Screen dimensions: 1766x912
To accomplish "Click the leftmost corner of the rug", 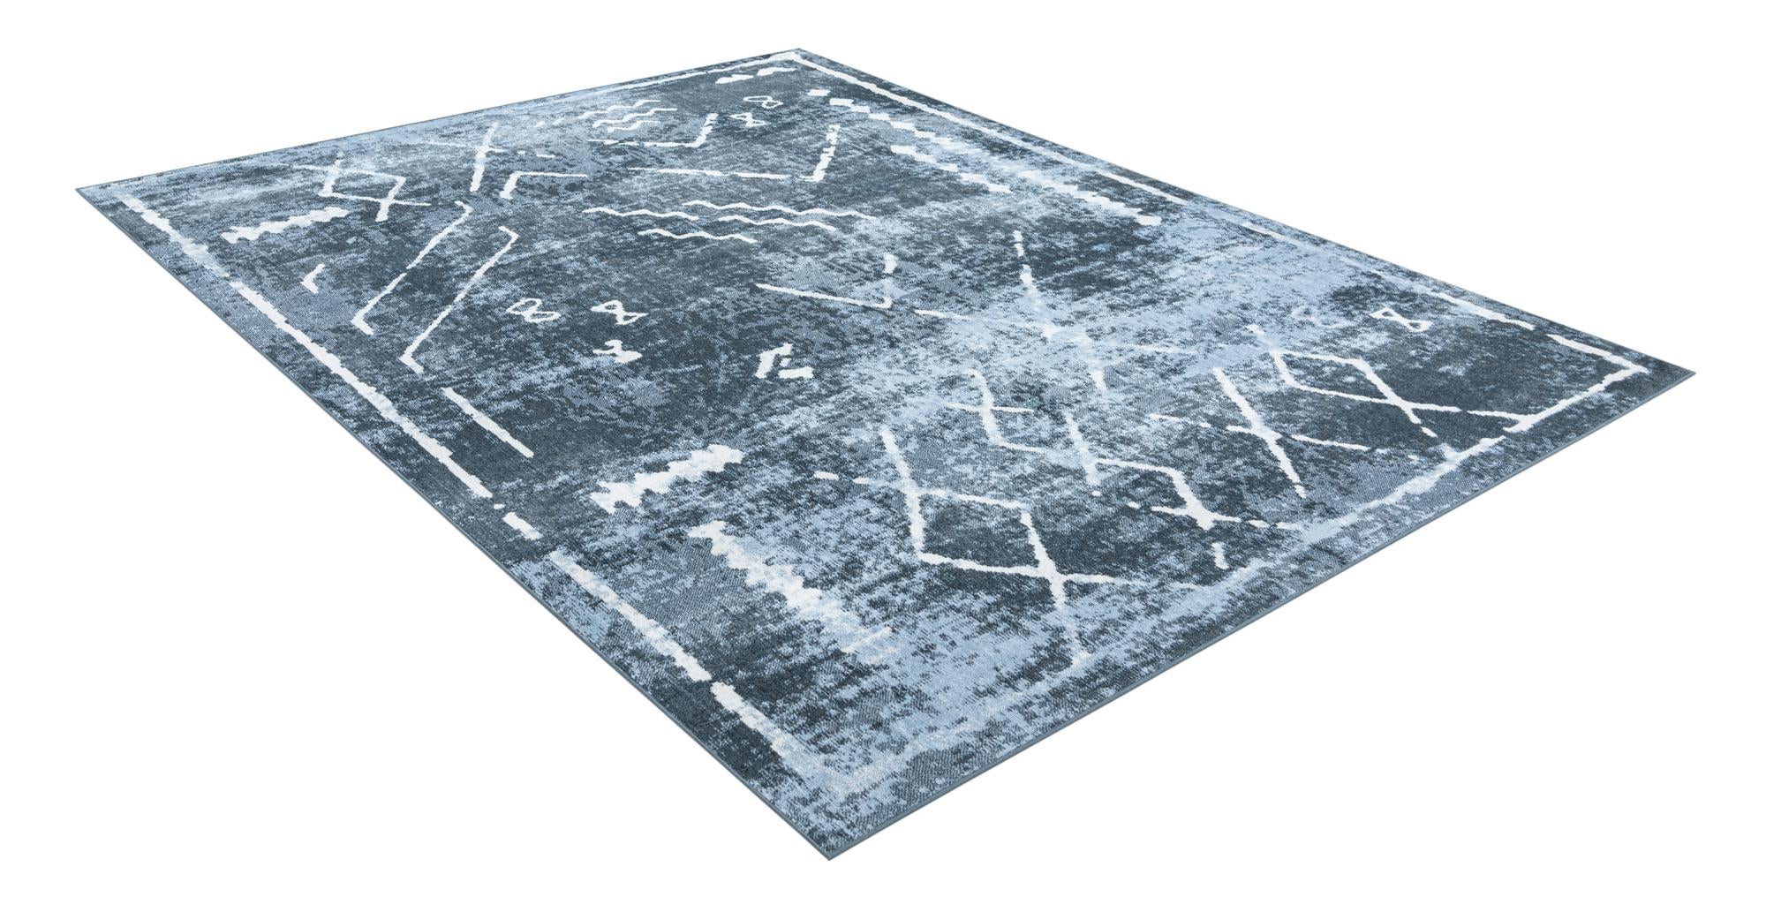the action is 79,187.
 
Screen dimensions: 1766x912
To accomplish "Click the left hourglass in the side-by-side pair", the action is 532,310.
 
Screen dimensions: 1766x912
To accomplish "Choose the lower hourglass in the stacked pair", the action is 751,119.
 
